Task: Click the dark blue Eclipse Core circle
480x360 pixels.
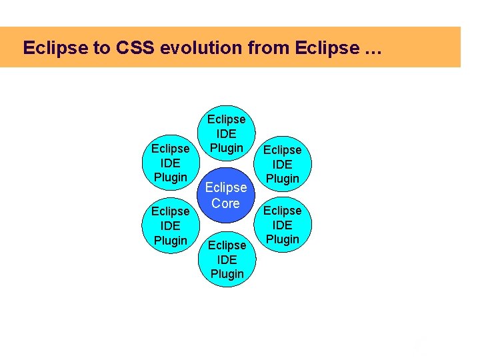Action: click(x=226, y=196)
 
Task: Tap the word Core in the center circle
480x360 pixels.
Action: click(x=225, y=203)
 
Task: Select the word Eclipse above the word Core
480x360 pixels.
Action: click(x=226, y=188)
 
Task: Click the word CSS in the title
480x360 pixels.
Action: click(x=135, y=48)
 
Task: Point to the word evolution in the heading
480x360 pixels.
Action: click(x=194, y=48)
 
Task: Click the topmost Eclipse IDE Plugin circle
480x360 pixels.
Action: click(x=227, y=133)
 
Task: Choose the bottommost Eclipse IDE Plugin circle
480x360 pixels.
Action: click(x=227, y=259)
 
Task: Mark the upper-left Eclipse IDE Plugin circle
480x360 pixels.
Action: click(x=170, y=163)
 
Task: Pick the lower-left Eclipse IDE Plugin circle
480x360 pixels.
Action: click(x=170, y=225)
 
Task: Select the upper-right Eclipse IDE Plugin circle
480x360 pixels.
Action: click(x=283, y=164)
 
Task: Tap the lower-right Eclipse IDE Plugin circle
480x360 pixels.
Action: click(x=283, y=225)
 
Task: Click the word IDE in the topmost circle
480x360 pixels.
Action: click(x=227, y=133)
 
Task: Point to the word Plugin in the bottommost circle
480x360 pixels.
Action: click(x=227, y=274)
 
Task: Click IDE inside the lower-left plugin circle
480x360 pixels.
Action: click(x=170, y=226)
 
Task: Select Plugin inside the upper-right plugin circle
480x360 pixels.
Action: click(x=283, y=179)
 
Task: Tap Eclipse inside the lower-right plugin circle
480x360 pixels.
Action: click(x=283, y=211)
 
